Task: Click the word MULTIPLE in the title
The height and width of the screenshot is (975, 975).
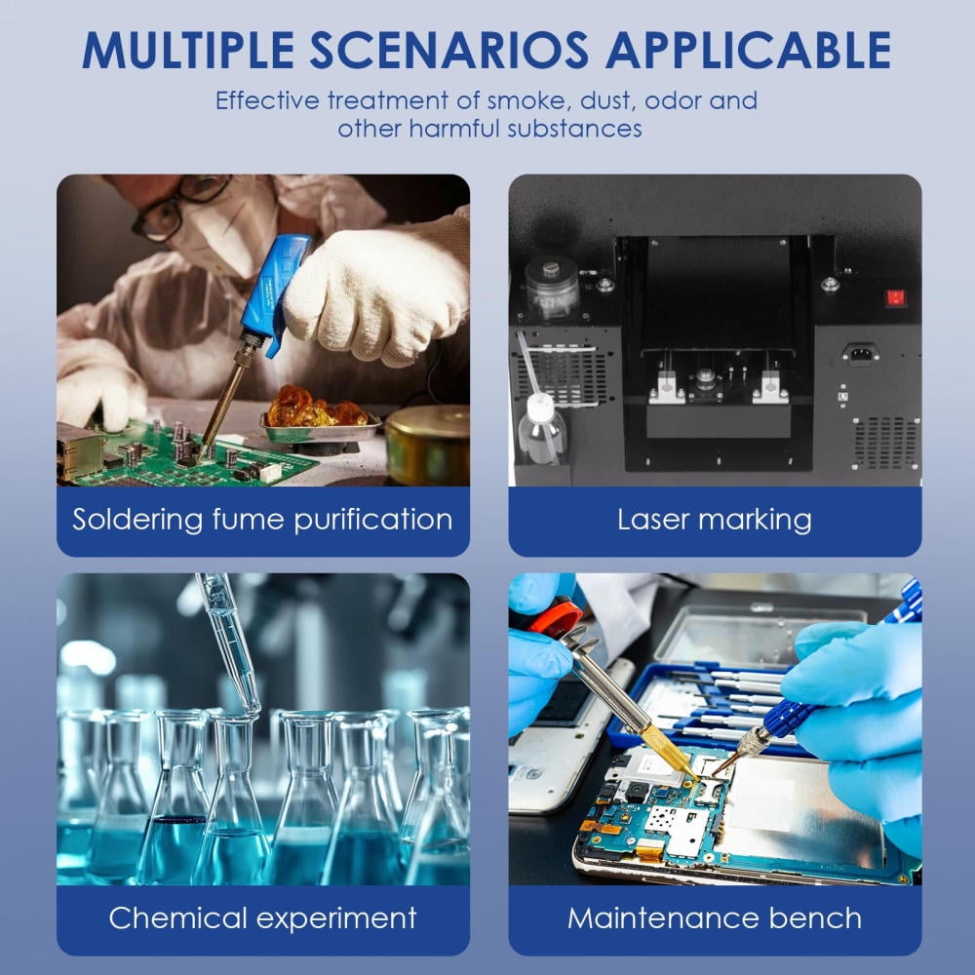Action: tap(188, 50)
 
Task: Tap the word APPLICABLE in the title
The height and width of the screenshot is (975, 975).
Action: tap(749, 50)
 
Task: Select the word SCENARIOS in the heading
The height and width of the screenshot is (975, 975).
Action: tap(448, 50)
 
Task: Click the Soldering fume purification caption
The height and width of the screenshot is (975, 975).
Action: tap(262, 520)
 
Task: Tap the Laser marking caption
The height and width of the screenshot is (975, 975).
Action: tap(715, 520)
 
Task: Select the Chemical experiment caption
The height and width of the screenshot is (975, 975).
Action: tap(262, 917)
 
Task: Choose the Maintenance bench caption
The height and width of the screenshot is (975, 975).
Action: tap(715, 917)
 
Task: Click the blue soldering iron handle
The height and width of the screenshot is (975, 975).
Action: tap(274, 292)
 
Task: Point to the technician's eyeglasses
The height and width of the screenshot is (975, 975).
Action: tap(179, 206)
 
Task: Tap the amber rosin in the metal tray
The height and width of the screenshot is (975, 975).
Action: tap(316, 408)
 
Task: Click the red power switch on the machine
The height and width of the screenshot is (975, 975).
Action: tap(895, 297)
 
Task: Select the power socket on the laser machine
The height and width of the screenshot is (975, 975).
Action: tap(861, 353)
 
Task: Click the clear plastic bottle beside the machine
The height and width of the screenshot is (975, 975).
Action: tap(541, 429)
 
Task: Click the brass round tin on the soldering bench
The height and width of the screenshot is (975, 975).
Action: tap(427, 444)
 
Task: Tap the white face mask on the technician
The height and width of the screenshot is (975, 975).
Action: tap(224, 230)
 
